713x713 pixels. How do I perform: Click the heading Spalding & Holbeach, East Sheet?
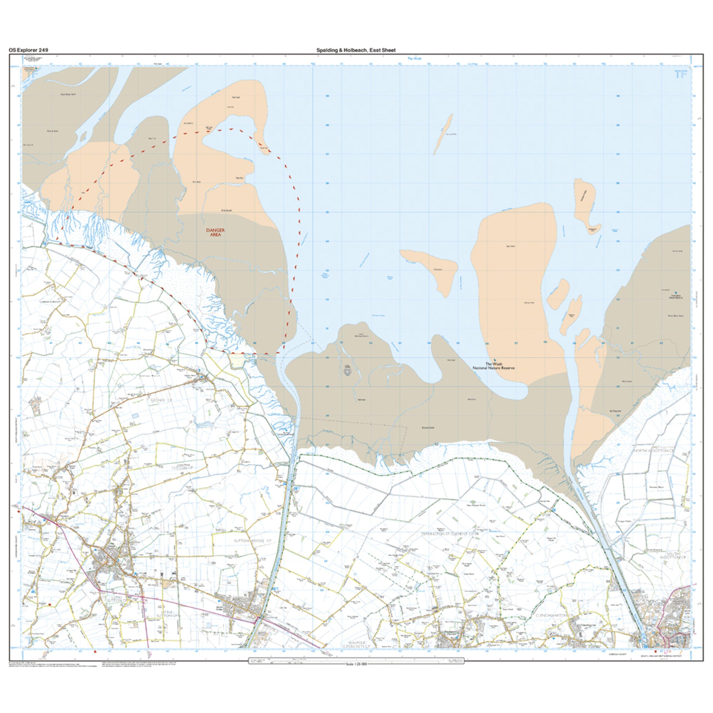click(x=356, y=50)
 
